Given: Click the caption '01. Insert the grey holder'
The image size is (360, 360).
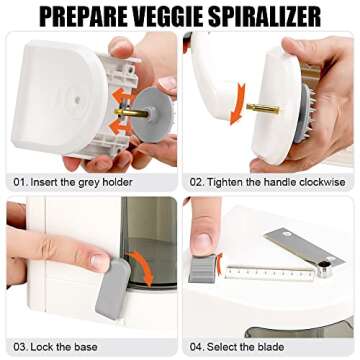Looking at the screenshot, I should point(74,183).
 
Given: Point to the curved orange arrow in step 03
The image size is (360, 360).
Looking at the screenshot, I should point(144,268).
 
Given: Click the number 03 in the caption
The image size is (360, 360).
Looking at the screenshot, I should point(19,344).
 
